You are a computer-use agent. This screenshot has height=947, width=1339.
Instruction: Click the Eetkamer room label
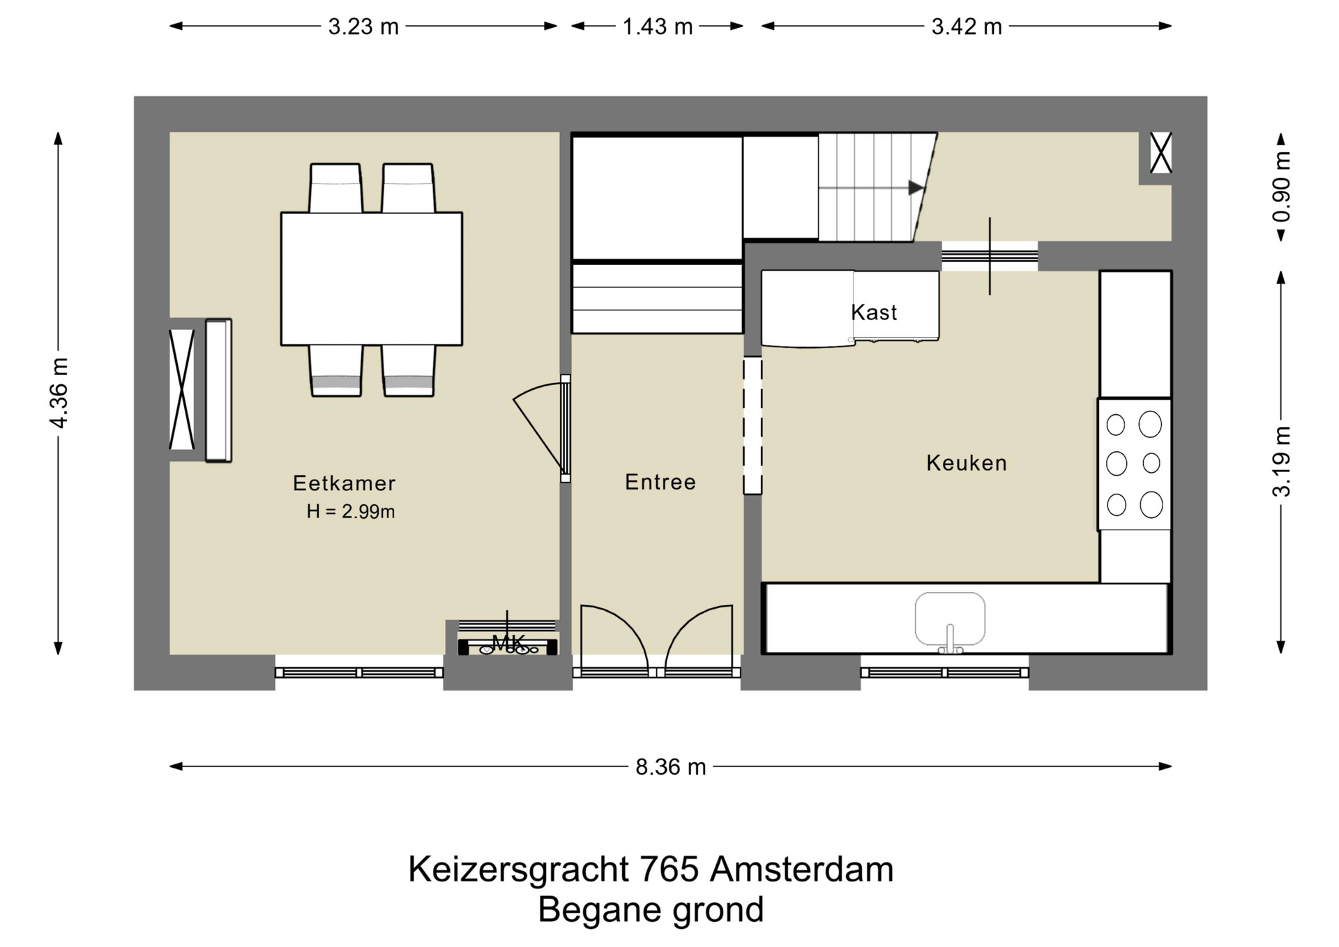pos(344,483)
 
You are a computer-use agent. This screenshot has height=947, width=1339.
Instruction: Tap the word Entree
pos(660,482)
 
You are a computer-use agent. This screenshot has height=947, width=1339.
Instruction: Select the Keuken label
pos(966,463)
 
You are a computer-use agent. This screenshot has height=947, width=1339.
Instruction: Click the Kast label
pos(874,312)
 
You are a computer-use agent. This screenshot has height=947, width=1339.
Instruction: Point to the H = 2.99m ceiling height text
pos(351,512)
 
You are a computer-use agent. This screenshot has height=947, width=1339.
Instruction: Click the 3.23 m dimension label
pos(363,26)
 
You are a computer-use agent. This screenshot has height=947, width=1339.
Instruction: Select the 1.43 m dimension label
pos(657,26)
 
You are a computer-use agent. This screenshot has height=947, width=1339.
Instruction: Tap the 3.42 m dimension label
pos(967,26)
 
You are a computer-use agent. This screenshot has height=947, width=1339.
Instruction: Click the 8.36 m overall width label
pos(670,767)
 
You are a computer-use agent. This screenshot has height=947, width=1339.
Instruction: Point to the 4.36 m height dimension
pos(59,393)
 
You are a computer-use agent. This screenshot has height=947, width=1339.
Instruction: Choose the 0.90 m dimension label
pos(1282,186)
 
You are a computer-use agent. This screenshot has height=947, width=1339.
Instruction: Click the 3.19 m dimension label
pos(1282,462)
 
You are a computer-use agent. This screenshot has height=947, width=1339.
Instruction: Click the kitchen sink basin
pos(950,618)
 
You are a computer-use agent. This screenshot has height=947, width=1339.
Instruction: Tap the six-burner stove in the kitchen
pos(1134,464)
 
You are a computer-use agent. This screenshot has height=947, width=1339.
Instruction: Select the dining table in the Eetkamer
pos(371,278)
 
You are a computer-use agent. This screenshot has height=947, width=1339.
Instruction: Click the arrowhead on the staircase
pos(916,188)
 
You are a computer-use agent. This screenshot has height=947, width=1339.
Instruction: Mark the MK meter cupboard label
pos(508,642)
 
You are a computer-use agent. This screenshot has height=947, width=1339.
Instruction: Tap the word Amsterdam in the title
pos(801,870)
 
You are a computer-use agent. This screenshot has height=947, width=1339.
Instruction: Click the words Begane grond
pos(651,910)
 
